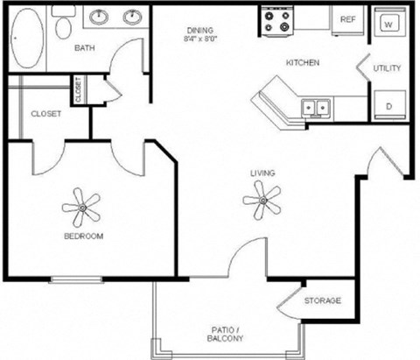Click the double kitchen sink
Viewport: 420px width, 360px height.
315,108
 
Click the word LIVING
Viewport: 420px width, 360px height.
262,173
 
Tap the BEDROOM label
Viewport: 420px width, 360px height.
84,236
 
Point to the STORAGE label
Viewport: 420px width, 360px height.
322,301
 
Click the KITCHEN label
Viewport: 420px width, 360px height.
302,63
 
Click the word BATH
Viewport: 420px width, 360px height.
85,48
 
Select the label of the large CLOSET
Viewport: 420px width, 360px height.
45,114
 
